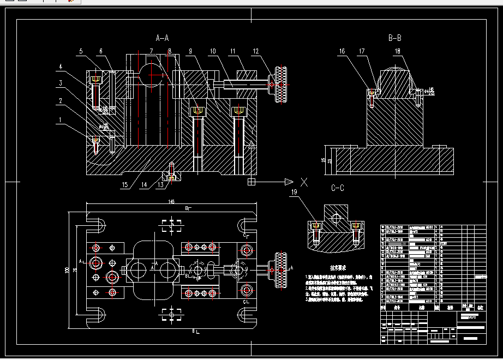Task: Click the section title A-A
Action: click(162, 38)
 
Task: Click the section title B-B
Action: click(394, 38)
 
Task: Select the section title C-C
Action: click(338, 189)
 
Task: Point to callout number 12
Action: click(256, 52)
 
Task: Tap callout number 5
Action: click(80, 52)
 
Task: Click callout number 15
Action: click(125, 185)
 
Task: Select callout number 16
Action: click(342, 52)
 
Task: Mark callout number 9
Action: click(190, 52)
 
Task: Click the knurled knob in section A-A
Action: click(282, 85)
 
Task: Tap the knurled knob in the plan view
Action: click(282, 271)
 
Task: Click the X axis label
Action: click(304, 182)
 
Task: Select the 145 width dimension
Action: click(171, 202)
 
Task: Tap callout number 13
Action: click(160, 185)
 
